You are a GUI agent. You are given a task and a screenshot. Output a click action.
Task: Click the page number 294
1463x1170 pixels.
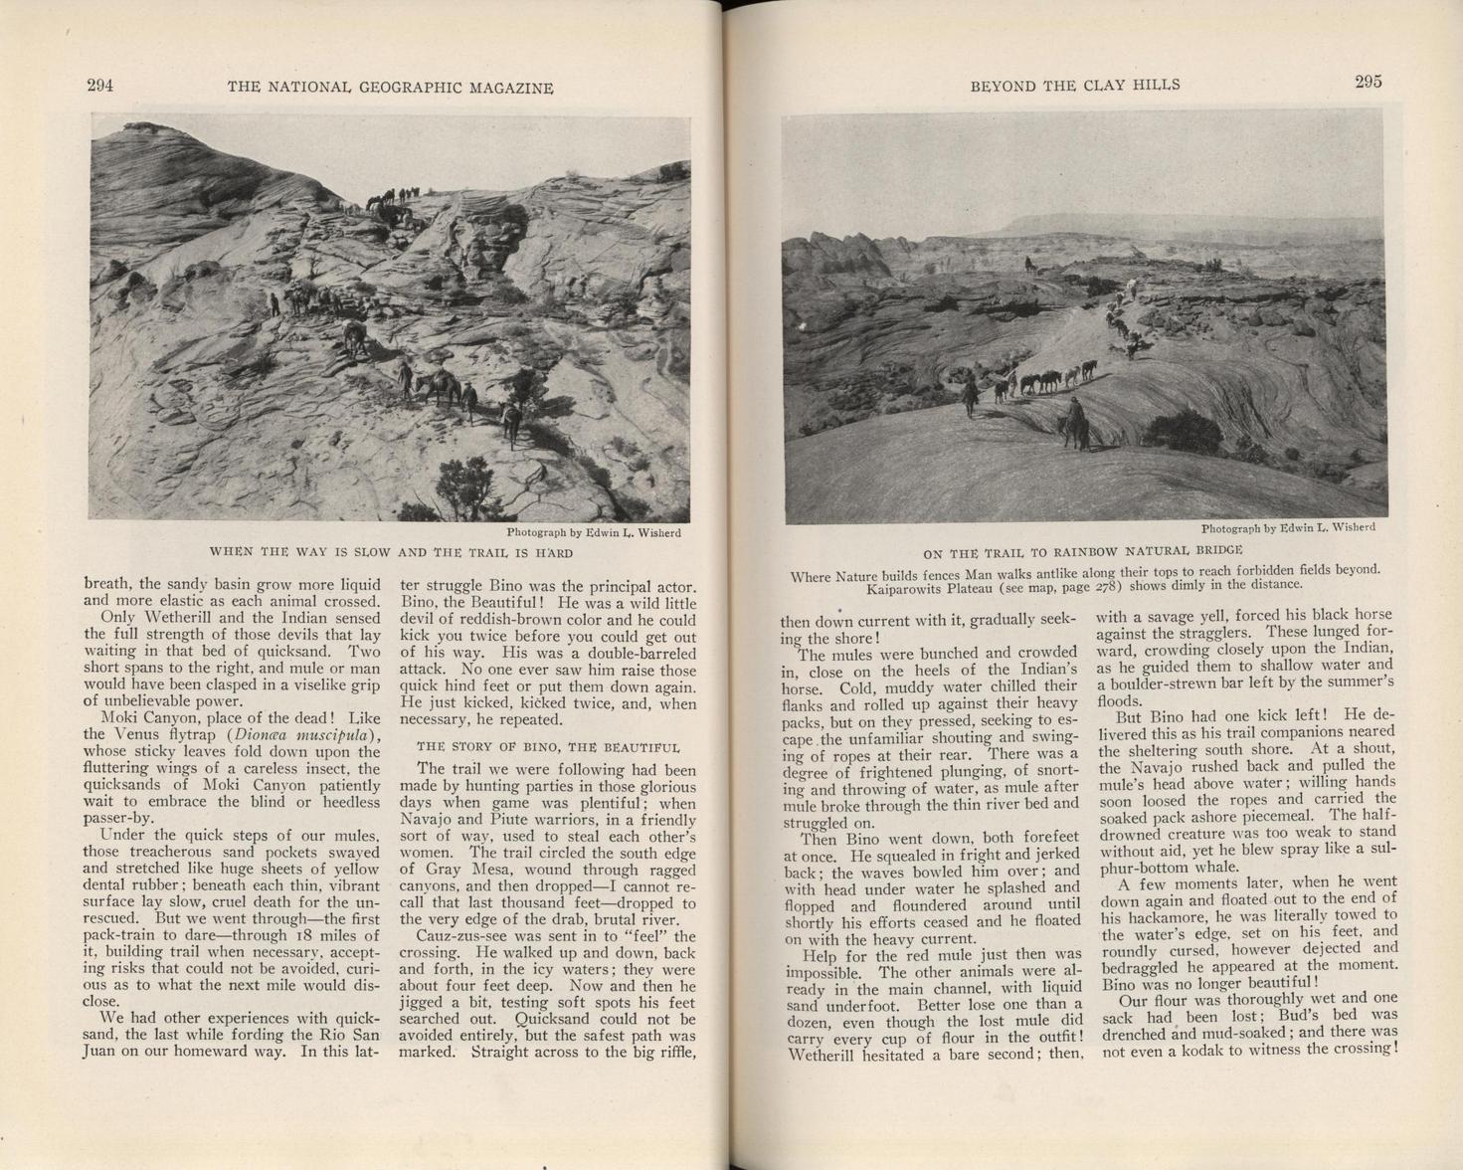(x=100, y=86)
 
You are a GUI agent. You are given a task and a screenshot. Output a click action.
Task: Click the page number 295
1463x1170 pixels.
(x=1368, y=83)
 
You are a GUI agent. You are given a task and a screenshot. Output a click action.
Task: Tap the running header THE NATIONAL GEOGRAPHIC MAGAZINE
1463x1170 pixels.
(x=390, y=88)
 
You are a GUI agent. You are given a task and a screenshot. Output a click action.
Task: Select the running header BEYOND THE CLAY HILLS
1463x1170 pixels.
(x=1075, y=86)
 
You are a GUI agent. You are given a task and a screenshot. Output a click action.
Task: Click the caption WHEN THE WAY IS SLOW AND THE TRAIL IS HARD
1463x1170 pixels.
(x=391, y=552)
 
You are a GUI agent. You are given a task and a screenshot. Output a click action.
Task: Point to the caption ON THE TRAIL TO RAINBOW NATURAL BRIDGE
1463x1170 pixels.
(x=1083, y=551)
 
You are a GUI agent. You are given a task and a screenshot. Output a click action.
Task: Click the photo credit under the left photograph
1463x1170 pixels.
(x=594, y=532)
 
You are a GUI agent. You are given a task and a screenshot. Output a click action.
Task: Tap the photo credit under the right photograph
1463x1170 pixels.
(x=1288, y=527)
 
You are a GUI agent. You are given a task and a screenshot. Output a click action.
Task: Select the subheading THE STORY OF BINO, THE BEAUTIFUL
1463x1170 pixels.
(x=548, y=746)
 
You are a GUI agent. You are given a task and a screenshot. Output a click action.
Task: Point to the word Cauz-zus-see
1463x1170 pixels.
(x=458, y=936)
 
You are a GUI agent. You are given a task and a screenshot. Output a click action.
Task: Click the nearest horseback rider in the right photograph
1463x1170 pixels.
(x=1075, y=424)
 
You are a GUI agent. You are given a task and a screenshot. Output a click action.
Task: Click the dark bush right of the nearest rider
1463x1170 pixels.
(x=1184, y=431)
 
